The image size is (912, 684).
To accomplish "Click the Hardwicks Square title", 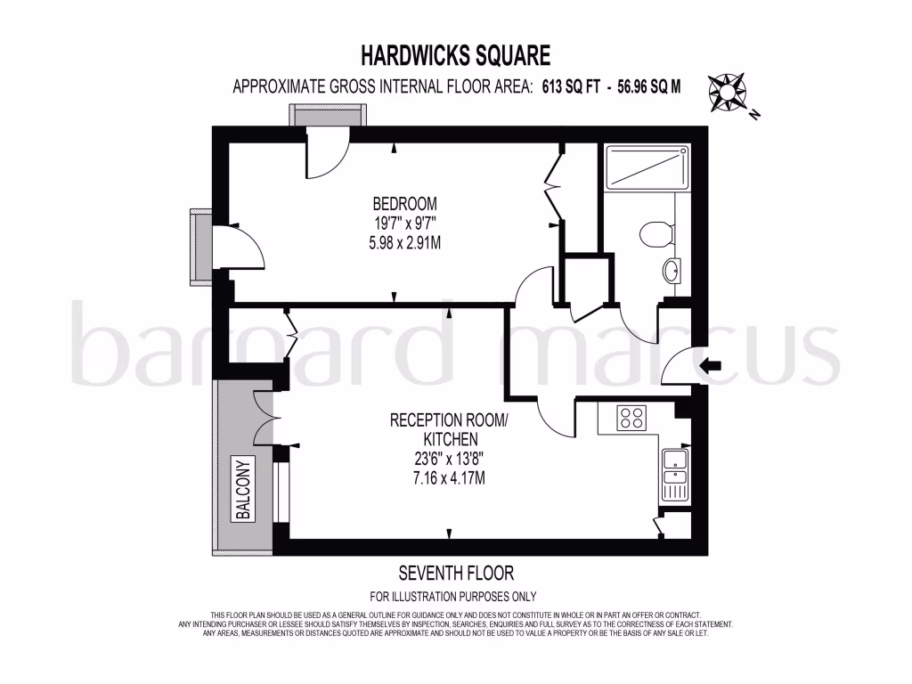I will (455, 56).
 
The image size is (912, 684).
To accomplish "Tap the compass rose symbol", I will (728, 90).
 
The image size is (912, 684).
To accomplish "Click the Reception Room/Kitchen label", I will (448, 429).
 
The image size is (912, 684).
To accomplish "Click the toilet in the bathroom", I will (655, 233).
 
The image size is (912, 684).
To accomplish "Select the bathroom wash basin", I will (672, 268).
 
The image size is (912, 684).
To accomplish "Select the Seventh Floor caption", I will (455, 573).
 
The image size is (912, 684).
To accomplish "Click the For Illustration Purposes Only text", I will (453, 597).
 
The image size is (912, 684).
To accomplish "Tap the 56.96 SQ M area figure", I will (642, 87).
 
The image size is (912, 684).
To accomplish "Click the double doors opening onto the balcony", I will (265, 418).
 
